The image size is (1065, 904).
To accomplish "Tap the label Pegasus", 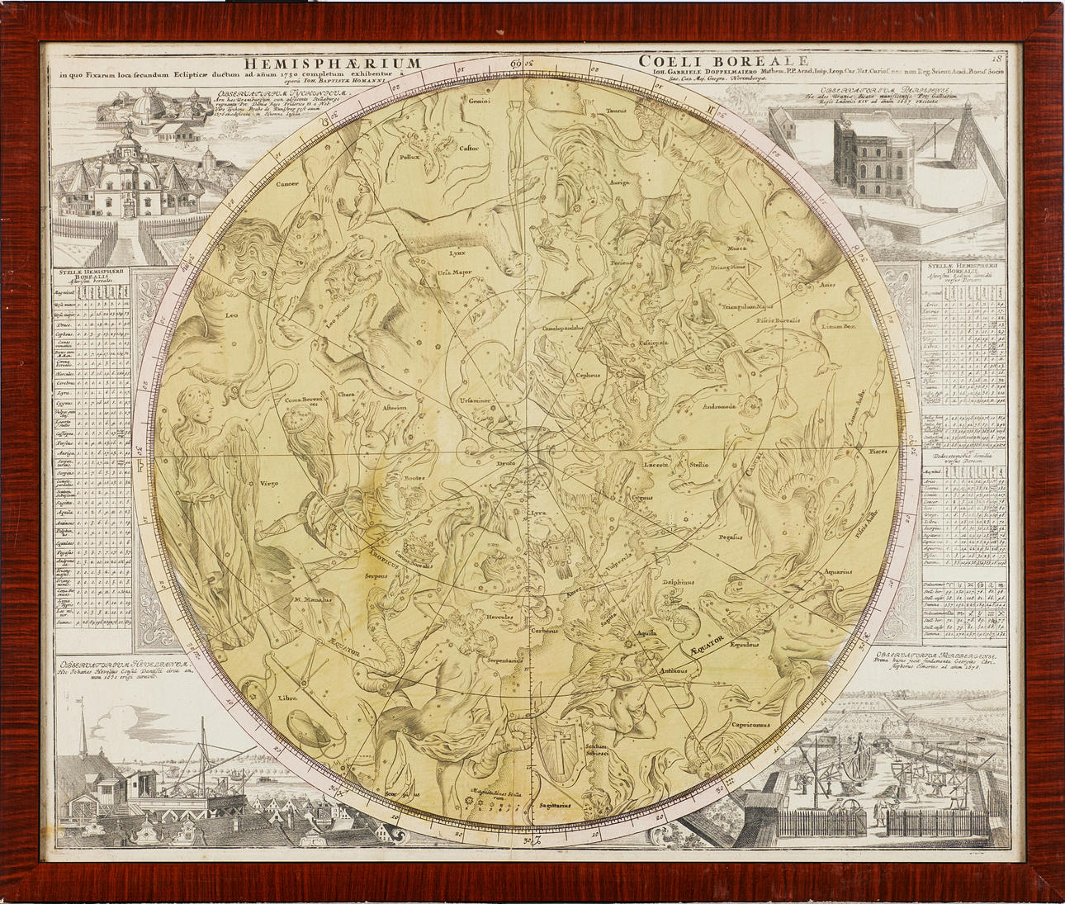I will pyautogui.click(x=729, y=537).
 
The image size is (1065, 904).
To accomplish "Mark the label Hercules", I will pyautogui.click(x=499, y=617).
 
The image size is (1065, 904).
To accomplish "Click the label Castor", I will pyautogui.click(x=469, y=149).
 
